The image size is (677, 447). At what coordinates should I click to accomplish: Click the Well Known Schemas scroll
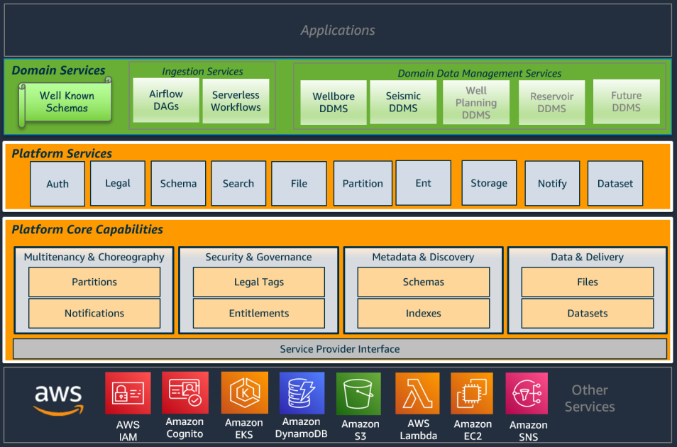[66, 102]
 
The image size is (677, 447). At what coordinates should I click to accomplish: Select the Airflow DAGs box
[165, 100]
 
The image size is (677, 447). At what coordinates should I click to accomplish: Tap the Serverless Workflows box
[236, 101]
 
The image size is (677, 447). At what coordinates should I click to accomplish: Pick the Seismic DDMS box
[403, 102]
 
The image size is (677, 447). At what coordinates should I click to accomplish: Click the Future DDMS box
[626, 101]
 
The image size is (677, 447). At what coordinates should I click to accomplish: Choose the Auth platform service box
[57, 184]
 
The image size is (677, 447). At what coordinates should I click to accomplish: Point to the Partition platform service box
[363, 183]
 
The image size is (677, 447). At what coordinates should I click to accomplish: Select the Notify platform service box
[552, 183]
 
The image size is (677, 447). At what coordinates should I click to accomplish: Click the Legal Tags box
[258, 282]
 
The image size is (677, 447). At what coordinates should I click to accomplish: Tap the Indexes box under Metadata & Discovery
[423, 313]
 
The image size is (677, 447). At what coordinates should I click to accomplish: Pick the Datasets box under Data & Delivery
[587, 313]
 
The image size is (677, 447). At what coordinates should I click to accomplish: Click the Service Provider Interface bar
[339, 349]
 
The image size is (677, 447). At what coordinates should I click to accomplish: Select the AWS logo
[58, 399]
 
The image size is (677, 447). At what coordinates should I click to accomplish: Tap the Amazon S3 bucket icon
[358, 394]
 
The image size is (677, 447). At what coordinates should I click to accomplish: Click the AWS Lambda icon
[418, 394]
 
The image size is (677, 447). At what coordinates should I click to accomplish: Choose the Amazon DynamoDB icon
[301, 393]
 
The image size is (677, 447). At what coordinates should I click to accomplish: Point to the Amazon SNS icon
[527, 394]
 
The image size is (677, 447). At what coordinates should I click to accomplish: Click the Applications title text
[338, 31]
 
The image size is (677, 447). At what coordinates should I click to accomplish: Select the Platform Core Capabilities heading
[87, 230]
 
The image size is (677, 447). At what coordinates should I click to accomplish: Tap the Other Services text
[590, 398]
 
